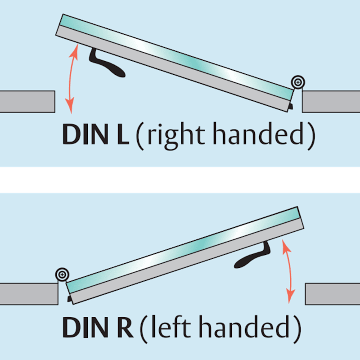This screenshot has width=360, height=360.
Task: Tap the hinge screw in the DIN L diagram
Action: [298, 82]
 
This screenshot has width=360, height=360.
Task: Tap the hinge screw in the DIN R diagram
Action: [62, 274]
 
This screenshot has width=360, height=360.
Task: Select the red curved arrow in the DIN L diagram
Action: [71, 78]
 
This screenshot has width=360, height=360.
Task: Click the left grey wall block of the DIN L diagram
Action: [27, 102]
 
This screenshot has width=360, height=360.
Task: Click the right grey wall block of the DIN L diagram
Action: [331, 102]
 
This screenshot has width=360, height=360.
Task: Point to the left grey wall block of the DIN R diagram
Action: [29, 294]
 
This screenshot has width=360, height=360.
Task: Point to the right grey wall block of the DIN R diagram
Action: [333, 294]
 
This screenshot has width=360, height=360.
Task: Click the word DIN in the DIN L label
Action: [85, 134]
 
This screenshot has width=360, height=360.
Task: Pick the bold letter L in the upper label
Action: [123, 134]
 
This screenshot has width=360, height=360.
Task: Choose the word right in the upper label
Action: [176, 136]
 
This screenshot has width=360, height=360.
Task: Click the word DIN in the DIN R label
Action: [85, 327]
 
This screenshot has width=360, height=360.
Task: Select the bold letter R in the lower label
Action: [126, 327]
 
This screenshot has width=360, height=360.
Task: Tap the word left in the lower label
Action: [171, 326]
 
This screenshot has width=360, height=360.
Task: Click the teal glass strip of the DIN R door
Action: [183, 250]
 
